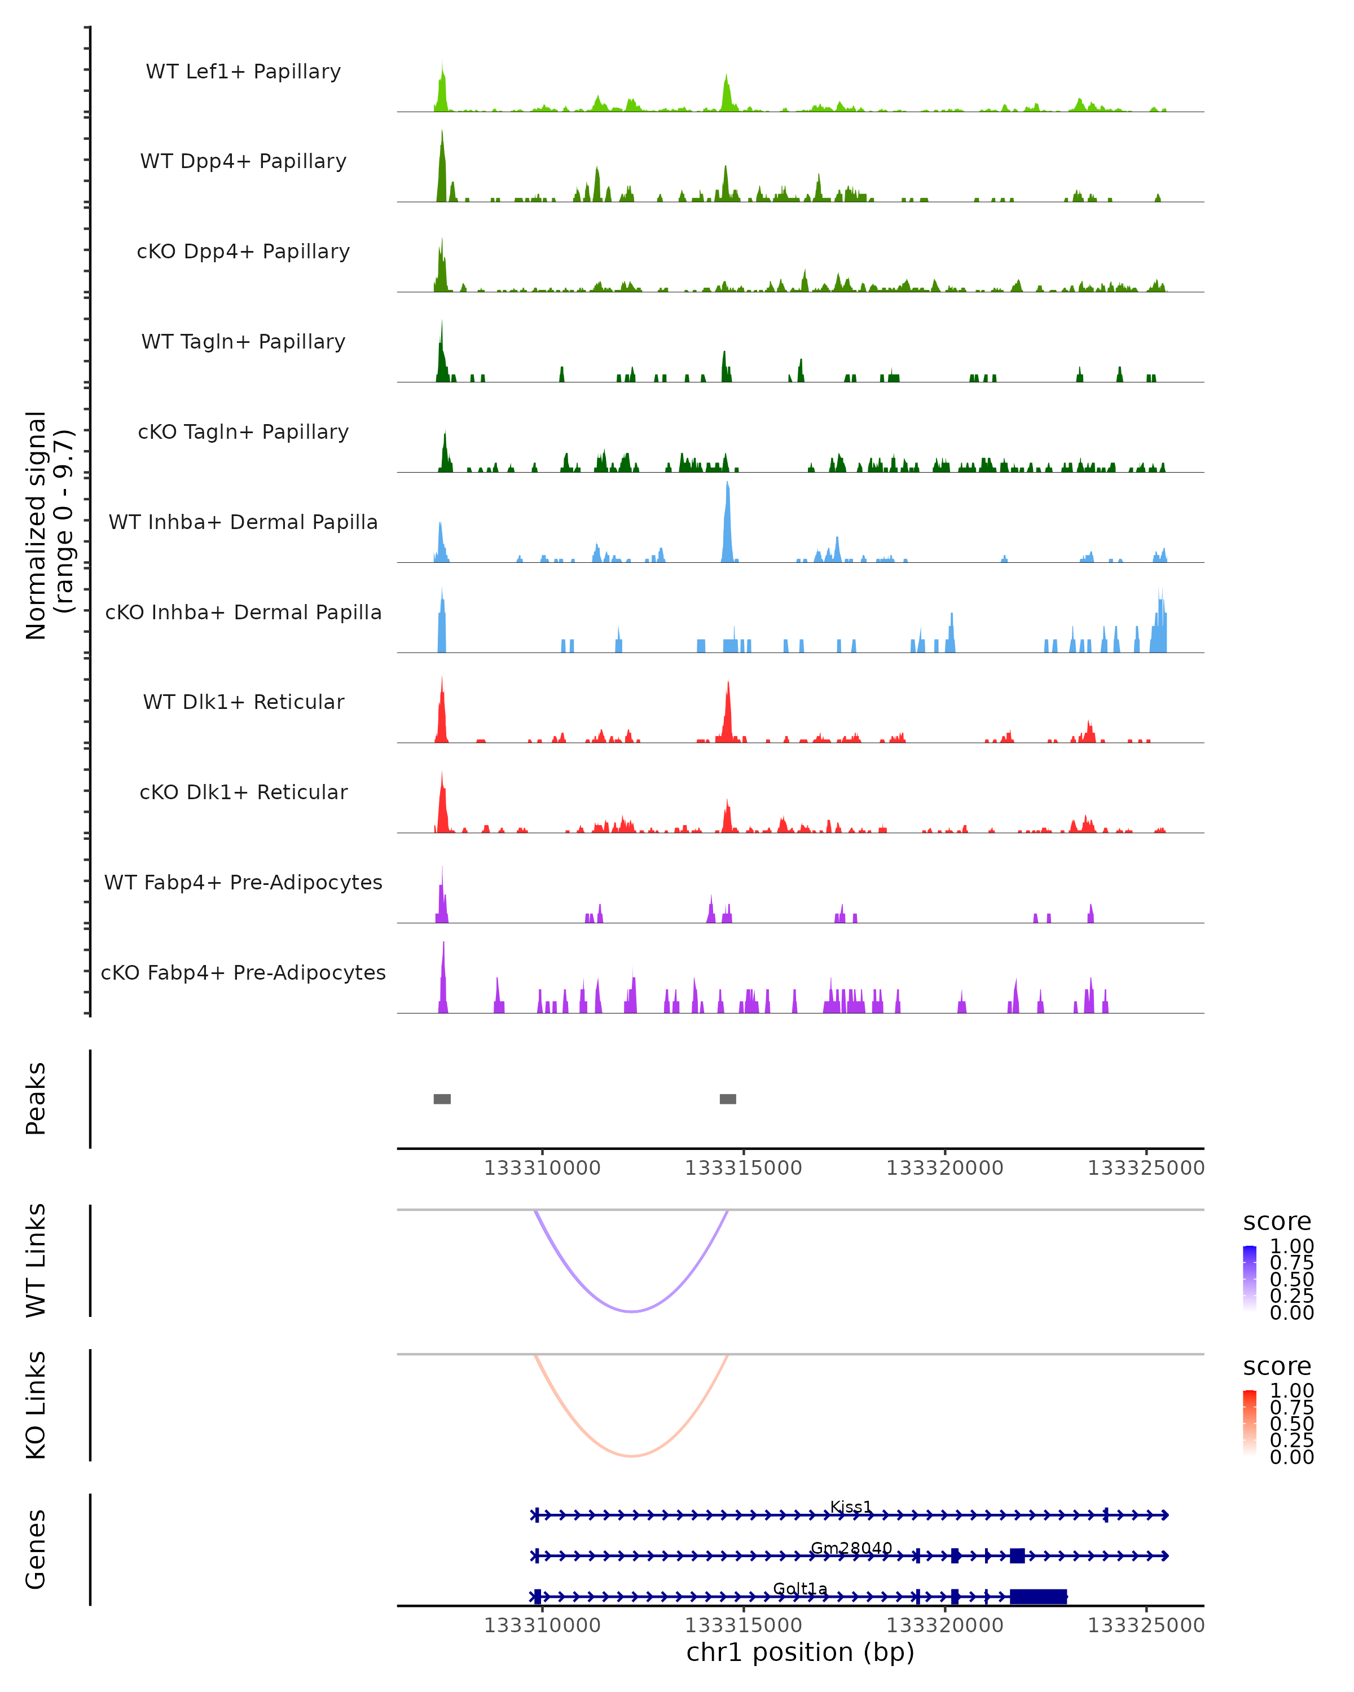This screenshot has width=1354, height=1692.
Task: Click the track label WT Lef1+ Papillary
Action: (x=243, y=72)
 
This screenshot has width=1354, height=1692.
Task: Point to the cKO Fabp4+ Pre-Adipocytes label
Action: (x=243, y=972)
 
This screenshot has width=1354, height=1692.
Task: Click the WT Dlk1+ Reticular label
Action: (x=243, y=702)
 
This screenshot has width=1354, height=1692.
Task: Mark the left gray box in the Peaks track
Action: (x=442, y=1099)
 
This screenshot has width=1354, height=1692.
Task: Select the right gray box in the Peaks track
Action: (x=728, y=1099)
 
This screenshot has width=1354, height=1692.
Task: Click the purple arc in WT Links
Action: (x=631, y=1311)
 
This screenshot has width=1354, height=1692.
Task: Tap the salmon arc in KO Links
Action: (x=631, y=1456)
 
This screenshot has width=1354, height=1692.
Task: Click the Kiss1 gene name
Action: (x=851, y=1506)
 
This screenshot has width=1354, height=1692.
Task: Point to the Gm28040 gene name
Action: (x=851, y=1548)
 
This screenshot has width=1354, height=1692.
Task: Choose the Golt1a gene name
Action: (x=800, y=1588)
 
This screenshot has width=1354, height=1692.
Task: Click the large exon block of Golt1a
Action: (x=1038, y=1596)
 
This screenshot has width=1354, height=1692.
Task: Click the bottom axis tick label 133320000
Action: (x=944, y=1625)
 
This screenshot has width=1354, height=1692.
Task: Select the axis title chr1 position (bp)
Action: (x=800, y=1653)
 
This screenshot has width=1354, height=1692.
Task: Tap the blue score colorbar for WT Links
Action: (x=1250, y=1277)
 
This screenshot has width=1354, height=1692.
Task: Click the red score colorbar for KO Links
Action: (x=1250, y=1422)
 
